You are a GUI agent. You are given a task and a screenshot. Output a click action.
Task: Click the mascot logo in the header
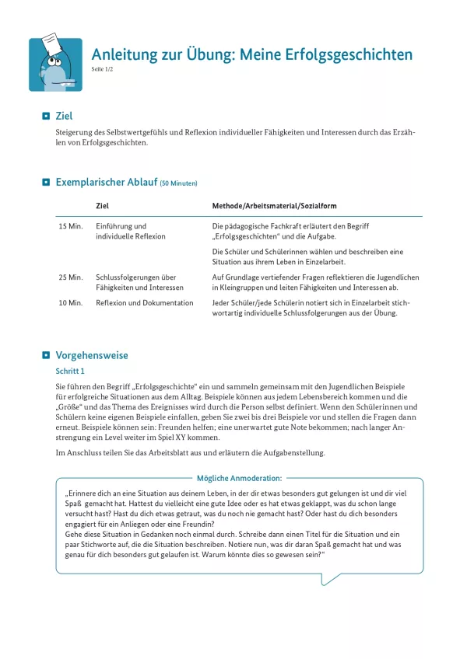click(x=55, y=65)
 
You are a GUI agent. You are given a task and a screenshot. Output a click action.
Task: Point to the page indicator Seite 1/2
click(x=102, y=70)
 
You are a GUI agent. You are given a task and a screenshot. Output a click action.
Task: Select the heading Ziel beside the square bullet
click(x=64, y=116)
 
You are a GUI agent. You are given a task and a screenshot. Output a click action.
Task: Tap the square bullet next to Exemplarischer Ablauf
click(x=46, y=183)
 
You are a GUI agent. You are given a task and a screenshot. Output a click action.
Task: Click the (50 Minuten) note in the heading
click(x=178, y=183)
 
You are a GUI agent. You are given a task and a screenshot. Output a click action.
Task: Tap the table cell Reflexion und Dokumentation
click(x=144, y=302)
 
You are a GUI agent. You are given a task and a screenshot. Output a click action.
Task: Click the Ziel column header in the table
click(x=102, y=206)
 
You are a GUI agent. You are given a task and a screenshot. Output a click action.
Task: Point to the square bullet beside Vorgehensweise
click(x=46, y=355)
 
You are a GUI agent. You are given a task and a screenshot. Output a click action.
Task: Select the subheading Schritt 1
click(x=70, y=371)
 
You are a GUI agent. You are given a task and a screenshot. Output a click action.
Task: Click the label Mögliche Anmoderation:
click(x=240, y=478)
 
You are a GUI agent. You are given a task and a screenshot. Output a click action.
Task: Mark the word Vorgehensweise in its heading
click(x=92, y=355)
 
